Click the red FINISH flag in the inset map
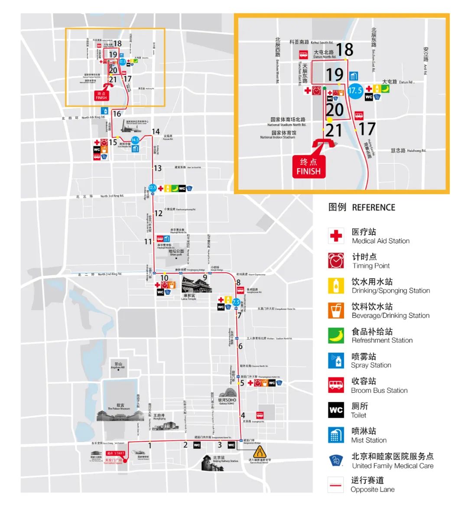(309, 166)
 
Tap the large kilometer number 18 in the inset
(344, 49)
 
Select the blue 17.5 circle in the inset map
(355, 91)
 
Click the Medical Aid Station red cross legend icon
(336, 236)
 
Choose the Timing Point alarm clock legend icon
(336, 261)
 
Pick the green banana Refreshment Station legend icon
(336, 335)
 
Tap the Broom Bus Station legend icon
(336, 385)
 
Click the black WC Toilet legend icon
(336, 410)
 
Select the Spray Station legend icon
(336, 360)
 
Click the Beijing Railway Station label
(225, 459)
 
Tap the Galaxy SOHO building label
(227, 401)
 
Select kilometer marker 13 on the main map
(157, 168)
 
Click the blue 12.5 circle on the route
(152, 188)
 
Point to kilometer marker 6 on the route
(240, 346)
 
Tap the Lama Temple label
(189, 297)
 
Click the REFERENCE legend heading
(374, 207)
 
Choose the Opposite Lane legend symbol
(336, 485)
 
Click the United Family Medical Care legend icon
(336, 460)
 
